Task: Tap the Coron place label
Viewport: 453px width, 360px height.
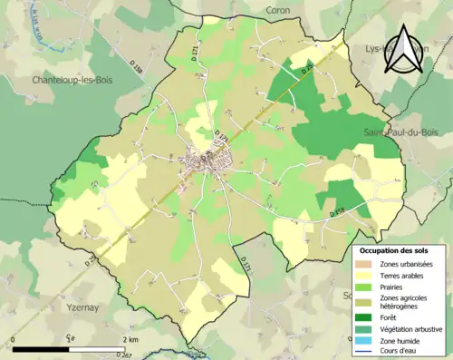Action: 277,9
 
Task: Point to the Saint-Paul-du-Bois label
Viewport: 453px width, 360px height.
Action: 400,132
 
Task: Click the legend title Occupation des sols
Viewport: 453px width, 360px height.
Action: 395,249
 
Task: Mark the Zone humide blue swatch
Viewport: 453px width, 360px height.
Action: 368,341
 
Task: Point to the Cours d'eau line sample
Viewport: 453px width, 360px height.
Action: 368,352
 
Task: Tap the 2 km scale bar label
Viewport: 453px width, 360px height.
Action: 130,339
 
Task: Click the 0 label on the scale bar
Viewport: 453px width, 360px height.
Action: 14,339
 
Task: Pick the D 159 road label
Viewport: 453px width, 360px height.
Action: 337,212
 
